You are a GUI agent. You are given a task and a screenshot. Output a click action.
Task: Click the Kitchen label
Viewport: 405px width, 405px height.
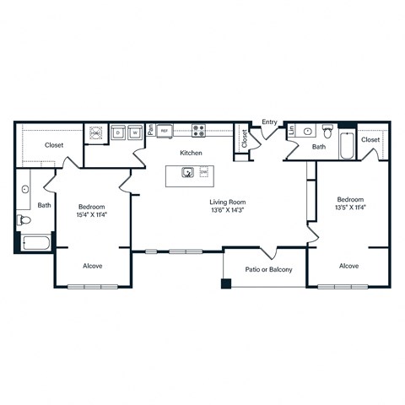click(x=190, y=153)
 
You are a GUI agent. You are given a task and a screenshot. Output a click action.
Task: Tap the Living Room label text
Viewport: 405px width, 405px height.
click(x=227, y=202)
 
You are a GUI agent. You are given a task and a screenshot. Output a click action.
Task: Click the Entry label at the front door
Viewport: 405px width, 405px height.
click(x=269, y=122)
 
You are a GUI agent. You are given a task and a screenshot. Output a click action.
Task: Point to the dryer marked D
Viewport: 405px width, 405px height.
click(x=119, y=132)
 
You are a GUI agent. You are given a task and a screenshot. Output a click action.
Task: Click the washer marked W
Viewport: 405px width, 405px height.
click(x=134, y=132)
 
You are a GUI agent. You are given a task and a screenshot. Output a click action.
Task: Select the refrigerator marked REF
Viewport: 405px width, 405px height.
click(x=165, y=132)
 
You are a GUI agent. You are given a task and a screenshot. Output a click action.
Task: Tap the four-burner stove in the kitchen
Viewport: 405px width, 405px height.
click(x=200, y=132)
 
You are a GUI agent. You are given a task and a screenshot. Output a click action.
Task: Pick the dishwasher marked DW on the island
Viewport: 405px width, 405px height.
click(x=204, y=174)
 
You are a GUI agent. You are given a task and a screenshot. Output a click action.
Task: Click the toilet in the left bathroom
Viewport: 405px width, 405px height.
click(x=24, y=220)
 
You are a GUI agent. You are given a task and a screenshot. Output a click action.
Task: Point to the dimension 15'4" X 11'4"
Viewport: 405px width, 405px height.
click(x=93, y=214)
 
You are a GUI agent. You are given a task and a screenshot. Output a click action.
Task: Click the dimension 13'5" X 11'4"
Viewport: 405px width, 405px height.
click(x=349, y=207)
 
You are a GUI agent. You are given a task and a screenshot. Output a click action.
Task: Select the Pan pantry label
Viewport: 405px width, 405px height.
click(x=150, y=131)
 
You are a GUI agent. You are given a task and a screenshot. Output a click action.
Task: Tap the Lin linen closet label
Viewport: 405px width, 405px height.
click(x=291, y=131)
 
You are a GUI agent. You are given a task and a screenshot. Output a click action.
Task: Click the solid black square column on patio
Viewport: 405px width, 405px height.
click(x=226, y=283)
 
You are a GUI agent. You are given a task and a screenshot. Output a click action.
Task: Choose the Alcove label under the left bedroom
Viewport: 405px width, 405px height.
click(x=93, y=266)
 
